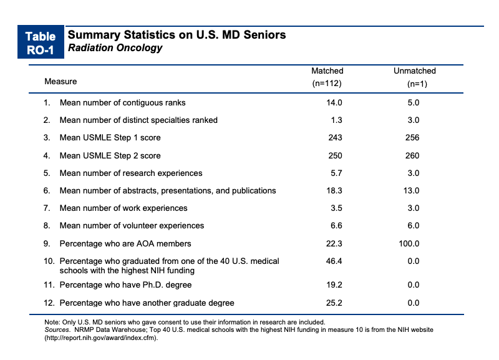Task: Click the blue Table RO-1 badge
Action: (41, 42)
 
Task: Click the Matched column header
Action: (327, 77)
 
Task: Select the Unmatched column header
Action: (415, 77)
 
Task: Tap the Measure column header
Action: (61, 82)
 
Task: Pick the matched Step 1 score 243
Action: (335, 137)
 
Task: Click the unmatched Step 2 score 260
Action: (412, 155)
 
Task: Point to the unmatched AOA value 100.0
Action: (409, 243)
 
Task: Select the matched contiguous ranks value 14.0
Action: (334, 102)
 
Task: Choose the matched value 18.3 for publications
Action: (334, 190)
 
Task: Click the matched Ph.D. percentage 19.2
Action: (334, 285)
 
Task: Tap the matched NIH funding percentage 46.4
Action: (334, 261)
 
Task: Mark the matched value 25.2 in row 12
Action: (334, 303)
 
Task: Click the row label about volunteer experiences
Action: (132, 226)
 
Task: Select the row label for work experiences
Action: (124, 208)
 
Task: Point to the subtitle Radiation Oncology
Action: (115, 48)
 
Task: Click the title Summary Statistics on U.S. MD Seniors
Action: (177, 35)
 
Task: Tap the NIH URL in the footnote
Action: (101, 338)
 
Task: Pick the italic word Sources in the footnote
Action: (57, 330)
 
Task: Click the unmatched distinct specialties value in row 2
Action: (414, 120)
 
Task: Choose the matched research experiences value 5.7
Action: (336, 173)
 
